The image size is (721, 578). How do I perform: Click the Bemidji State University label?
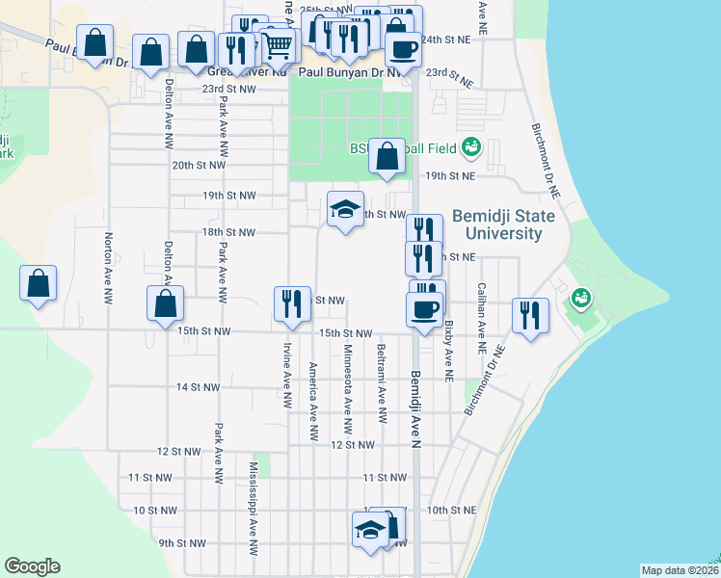pos(502,225)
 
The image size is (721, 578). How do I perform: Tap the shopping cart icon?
pos(280,43)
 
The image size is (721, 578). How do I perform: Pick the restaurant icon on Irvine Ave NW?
pos(290,304)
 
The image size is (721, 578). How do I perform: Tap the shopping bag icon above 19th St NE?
pos(387,157)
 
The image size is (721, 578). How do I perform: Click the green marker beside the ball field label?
pos(470,147)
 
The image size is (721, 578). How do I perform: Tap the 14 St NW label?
pos(198,387)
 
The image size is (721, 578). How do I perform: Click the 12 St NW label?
pos(352,446)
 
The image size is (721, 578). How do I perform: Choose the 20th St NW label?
pos(199,165)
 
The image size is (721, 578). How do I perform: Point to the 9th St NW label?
pos(183,543)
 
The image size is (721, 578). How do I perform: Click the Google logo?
pos(32,566)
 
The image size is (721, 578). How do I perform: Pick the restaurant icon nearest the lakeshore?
pos(531,314)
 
